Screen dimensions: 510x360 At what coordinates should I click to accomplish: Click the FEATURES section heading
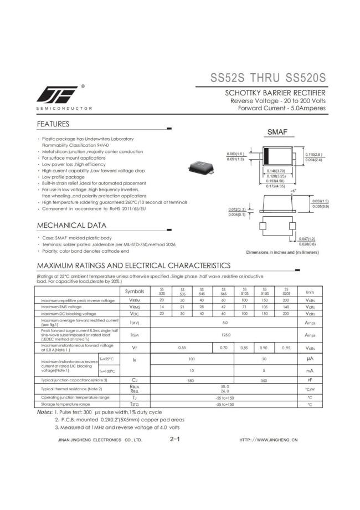pos(53,124)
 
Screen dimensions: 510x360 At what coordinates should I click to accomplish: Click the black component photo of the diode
pos(200,165)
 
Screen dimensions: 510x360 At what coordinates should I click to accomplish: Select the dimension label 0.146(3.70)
pos(275,171)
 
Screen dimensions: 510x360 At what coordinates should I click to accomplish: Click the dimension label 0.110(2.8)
pos(314,155)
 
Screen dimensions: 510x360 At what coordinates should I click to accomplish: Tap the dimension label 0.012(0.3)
pos(236,209)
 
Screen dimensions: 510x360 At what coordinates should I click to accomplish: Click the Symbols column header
pos(135,291)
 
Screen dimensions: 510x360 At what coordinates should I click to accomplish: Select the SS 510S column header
pos(244,291)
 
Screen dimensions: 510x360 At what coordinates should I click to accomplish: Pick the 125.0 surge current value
pos(225,335)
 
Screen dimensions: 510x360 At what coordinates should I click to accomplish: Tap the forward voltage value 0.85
pos(244,348)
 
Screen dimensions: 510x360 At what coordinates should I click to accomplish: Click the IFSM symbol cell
pos(135,335)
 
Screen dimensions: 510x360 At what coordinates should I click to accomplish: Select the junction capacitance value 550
pos(191,380)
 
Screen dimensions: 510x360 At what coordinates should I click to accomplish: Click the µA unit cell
pos(310,359)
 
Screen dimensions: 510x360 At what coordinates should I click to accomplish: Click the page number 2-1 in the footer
pos(175,439)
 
